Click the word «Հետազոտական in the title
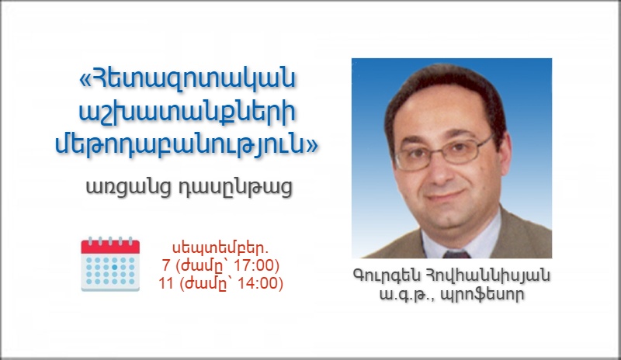click(x=188, y=79)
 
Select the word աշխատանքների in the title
click(x=187, y=112)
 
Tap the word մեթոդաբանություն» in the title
click(x=186, y=144)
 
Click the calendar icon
click(x=110, y=264)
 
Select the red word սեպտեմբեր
click(x=220, y=248)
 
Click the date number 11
click(x=166, y=283)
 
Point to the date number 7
click(x=166, y=265)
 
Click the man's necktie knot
click(x=456, y=254)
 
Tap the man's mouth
click(x=447, y=196)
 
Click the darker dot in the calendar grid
click(x=114, y=267)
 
